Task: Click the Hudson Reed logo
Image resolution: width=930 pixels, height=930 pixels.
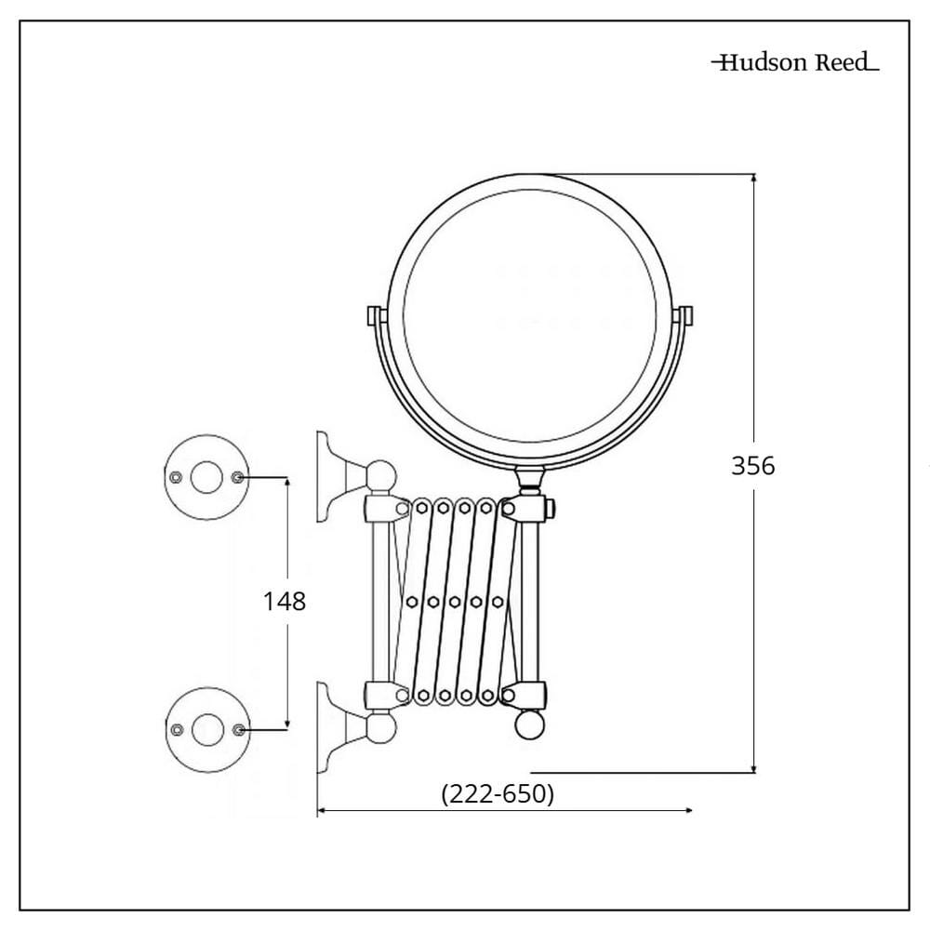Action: (795, 62)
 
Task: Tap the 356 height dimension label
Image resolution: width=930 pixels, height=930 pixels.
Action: (752, 466)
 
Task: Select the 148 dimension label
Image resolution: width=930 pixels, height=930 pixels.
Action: (285, 602)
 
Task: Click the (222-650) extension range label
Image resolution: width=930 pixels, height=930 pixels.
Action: (498, 793)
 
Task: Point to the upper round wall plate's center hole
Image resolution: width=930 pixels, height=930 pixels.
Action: (206, 477)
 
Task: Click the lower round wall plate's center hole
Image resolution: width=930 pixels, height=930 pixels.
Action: (207, 730)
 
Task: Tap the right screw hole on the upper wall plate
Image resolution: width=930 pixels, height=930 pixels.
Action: (237, 477)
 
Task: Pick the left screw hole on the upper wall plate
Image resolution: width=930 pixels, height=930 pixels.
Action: (176, 477)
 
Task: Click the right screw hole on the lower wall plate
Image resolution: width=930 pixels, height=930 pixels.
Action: (238, 729)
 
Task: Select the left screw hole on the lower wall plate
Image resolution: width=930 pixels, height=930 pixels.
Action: (177, 729)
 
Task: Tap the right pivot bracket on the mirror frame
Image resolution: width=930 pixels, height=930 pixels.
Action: (684, 315)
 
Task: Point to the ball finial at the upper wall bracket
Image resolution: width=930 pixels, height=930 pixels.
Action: (381, 475)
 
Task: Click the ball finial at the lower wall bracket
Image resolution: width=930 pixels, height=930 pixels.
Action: (380, 727)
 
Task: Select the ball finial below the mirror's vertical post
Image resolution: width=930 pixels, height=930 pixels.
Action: (529, 724)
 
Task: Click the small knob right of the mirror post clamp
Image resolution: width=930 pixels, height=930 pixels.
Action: (550, 509)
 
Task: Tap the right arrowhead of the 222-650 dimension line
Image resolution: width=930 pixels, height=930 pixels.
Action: (688, 810)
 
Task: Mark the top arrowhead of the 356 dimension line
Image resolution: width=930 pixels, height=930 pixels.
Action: (754, 178)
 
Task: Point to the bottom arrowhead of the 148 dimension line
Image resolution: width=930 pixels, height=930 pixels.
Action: (287, 724)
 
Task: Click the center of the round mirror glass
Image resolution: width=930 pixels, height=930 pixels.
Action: (530, 316)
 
